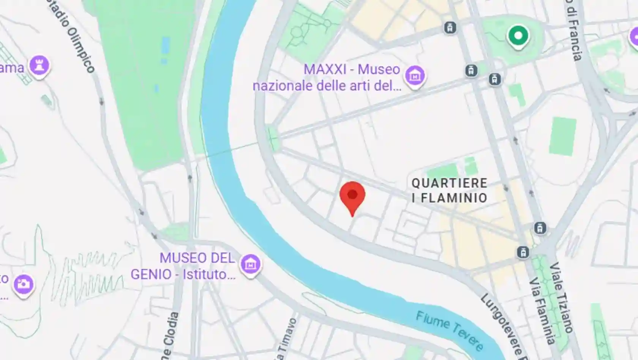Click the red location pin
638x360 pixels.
coord(352,196)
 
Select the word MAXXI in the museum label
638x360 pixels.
coord(325,69)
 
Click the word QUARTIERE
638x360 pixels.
coord(449,183)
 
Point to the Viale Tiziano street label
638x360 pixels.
coord(561,297)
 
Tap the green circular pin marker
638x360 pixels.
coord(518,36)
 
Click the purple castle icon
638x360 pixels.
coord(39,65)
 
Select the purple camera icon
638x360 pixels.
coord(24,284)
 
